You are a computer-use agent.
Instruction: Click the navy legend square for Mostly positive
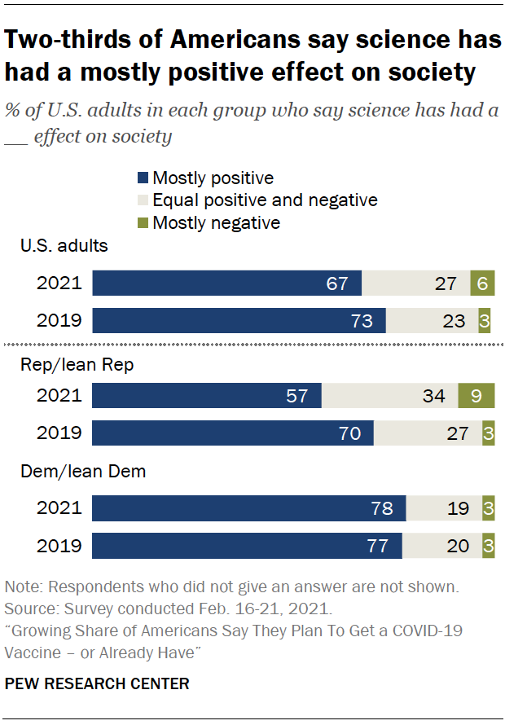point(143,178)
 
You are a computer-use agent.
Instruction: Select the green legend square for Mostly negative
point(143,222)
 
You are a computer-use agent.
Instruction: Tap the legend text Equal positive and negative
point(265,200)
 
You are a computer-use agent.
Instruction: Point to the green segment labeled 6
point(482,283)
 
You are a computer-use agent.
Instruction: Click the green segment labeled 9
point(476,396)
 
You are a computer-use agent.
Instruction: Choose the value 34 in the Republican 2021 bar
point(434,396)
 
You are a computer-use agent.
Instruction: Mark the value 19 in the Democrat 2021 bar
point(458,508)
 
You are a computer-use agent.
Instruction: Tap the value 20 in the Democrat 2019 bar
point(458,545)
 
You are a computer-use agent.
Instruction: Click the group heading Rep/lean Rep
point(77,365)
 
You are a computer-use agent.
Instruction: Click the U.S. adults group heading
point(64,245)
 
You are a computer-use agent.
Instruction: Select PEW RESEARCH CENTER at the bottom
point(97,684)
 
